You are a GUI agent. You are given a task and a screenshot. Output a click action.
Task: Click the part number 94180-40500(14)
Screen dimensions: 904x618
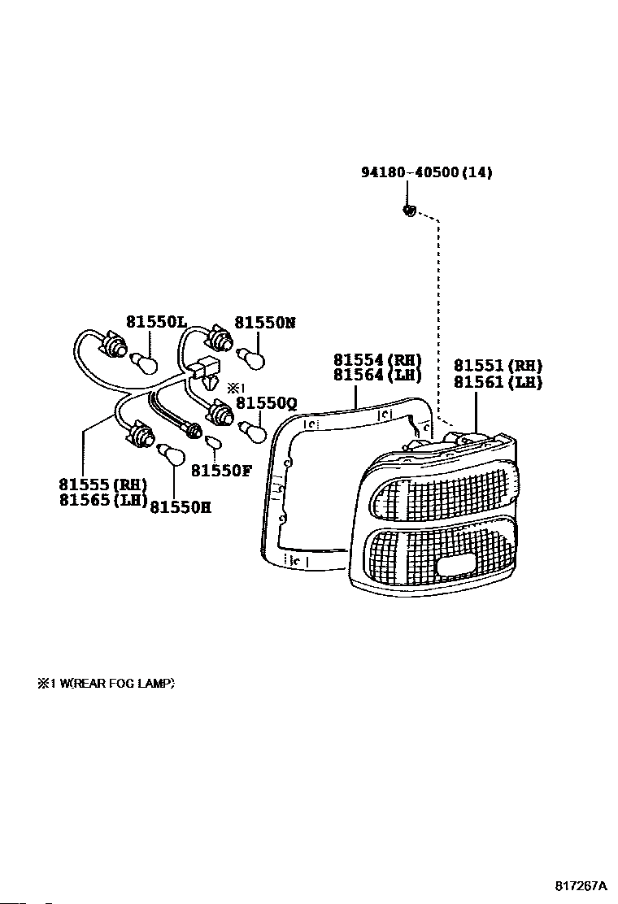426,172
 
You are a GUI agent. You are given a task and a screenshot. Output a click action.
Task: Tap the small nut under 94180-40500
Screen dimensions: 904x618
410,211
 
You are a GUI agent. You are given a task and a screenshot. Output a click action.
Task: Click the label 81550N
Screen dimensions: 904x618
264,322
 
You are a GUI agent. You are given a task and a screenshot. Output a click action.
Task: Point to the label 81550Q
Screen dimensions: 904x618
267,403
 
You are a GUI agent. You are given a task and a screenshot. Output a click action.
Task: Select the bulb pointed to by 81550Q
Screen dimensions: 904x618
253,431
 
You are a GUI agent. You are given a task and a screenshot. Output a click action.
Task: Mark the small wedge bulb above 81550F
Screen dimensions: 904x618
215,443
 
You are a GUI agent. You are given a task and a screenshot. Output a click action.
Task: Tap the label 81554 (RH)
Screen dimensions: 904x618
376,359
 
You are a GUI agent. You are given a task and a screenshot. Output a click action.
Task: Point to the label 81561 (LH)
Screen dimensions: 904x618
498,382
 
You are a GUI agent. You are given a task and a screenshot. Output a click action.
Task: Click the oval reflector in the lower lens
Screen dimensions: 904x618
459,567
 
